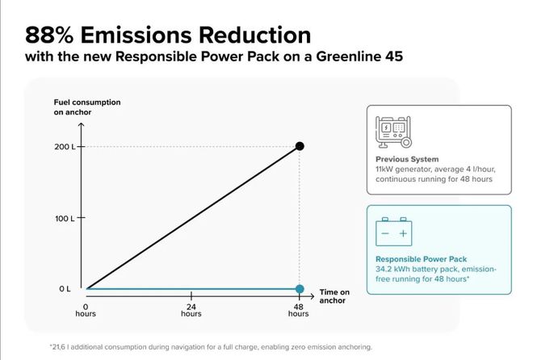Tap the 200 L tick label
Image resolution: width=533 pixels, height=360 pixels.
point(65,146)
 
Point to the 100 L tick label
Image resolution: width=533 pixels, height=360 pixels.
point(65,218)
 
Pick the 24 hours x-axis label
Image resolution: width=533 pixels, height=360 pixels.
point(191,310)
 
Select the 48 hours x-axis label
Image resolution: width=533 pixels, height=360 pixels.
point(299,310)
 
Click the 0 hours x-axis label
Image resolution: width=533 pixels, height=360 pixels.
point(86,310)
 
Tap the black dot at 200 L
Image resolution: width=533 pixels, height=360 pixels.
point(300,146)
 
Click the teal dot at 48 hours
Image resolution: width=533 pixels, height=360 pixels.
point(300,289)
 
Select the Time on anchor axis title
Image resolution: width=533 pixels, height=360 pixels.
point(334,295)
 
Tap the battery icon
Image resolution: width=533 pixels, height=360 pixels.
point(394,231)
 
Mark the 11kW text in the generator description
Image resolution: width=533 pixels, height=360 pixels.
point(385,170)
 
